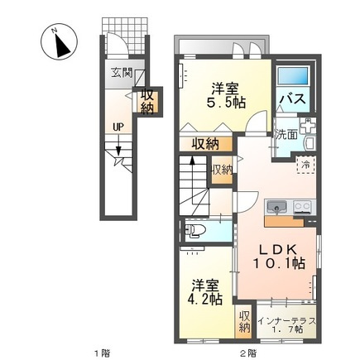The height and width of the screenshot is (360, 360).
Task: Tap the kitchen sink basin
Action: (x=277, y=207)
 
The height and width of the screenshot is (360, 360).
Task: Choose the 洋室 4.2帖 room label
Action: (x=204, y=292)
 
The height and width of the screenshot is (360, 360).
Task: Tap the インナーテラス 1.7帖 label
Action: (x=286, y=324)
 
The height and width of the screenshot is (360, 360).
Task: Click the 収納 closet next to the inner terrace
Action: (x=245, y=323)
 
